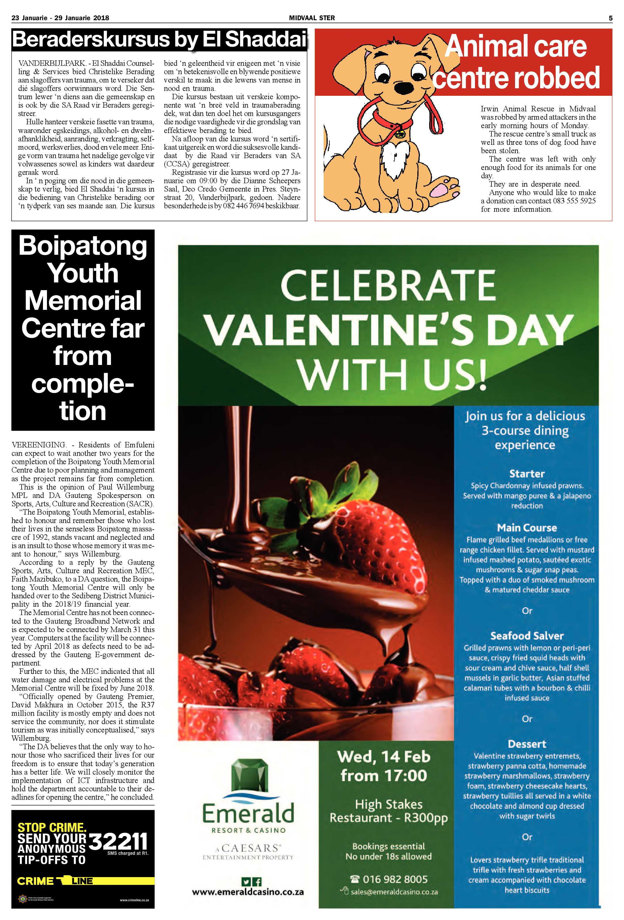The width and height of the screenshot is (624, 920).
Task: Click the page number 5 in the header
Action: click(610, 18)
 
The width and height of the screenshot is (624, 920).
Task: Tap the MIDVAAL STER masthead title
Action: click(312, 18)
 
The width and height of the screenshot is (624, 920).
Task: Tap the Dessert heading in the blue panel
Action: click(527, 744)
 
